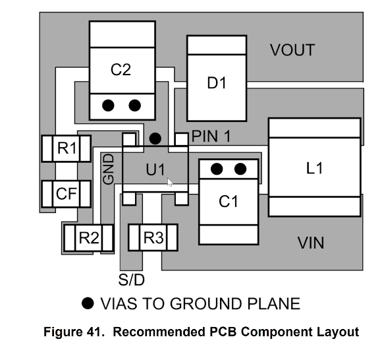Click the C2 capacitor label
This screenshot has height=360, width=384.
point(121,70)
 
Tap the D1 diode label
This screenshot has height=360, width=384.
point(217,83)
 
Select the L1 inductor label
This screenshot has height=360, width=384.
point(314,168)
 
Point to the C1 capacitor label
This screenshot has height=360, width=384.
point(228,202)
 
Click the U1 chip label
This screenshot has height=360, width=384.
point(155,169)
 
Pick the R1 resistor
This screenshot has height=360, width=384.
point(67,148)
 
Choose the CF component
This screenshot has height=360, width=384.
point(67,194)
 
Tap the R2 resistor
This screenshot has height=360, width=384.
point(89,238)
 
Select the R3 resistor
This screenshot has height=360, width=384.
point(153,237)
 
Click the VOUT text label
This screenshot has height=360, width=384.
point(292,50)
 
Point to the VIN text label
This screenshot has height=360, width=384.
point(311,243)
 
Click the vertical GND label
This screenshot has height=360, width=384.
point(109,169)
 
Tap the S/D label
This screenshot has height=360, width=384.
point(132,280)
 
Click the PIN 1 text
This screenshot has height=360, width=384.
point(211,136)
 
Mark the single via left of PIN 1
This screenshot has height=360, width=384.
point(155,138)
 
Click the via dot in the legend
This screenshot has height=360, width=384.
point(88,303)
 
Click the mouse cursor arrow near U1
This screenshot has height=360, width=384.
point(170,182)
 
